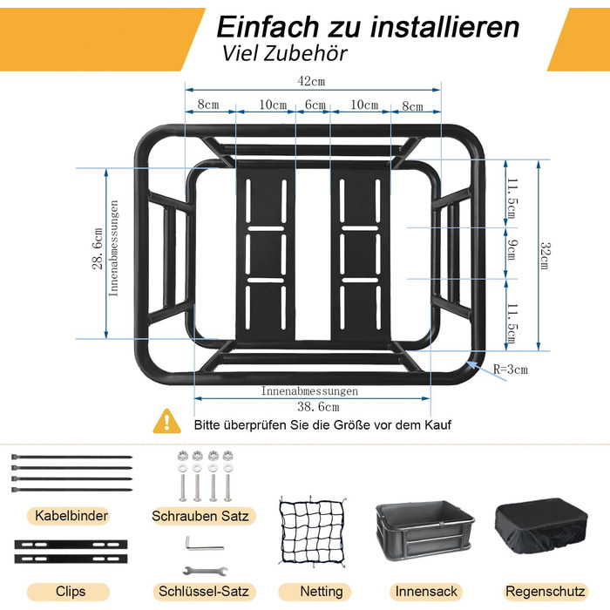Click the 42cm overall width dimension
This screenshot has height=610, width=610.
(x=311, y=81)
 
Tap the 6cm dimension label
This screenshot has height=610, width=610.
(x=315, y=105)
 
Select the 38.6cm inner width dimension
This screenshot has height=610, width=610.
(x=318, y=407)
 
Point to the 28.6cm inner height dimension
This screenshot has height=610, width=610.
(x=98, y=249)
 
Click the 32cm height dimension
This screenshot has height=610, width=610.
(x=546, y=255)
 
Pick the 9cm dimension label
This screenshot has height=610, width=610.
(x=512, y=250)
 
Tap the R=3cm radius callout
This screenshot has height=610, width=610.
(x=511, y=369)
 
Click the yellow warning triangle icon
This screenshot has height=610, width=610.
(x=167, y=422)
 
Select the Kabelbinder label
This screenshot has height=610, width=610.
(x=71, y=516)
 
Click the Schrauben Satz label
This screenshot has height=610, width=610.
(x=200, y=516)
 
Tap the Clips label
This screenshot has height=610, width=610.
(x=71, y=592)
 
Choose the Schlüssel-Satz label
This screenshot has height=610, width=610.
(x=203, y=592)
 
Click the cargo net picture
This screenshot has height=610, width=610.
(x=312, y=532)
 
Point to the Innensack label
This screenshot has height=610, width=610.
(x=426, y=592)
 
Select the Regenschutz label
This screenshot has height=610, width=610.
(x=545, y=592)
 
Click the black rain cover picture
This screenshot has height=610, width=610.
(x=541, y=525)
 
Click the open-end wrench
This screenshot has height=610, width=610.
(x=206, y=571)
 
